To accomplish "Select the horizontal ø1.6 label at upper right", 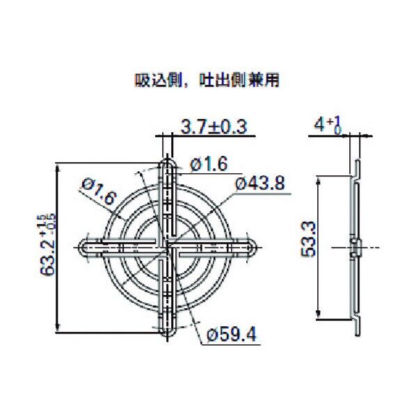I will point(208,164).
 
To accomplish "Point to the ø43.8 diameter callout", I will point(260,184).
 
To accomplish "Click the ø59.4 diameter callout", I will point(232,335).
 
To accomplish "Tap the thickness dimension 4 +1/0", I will point(326,125).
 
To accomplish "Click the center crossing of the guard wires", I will point(167,248).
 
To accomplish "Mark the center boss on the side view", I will point(354,248).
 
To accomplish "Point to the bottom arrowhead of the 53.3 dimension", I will point(319,317).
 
